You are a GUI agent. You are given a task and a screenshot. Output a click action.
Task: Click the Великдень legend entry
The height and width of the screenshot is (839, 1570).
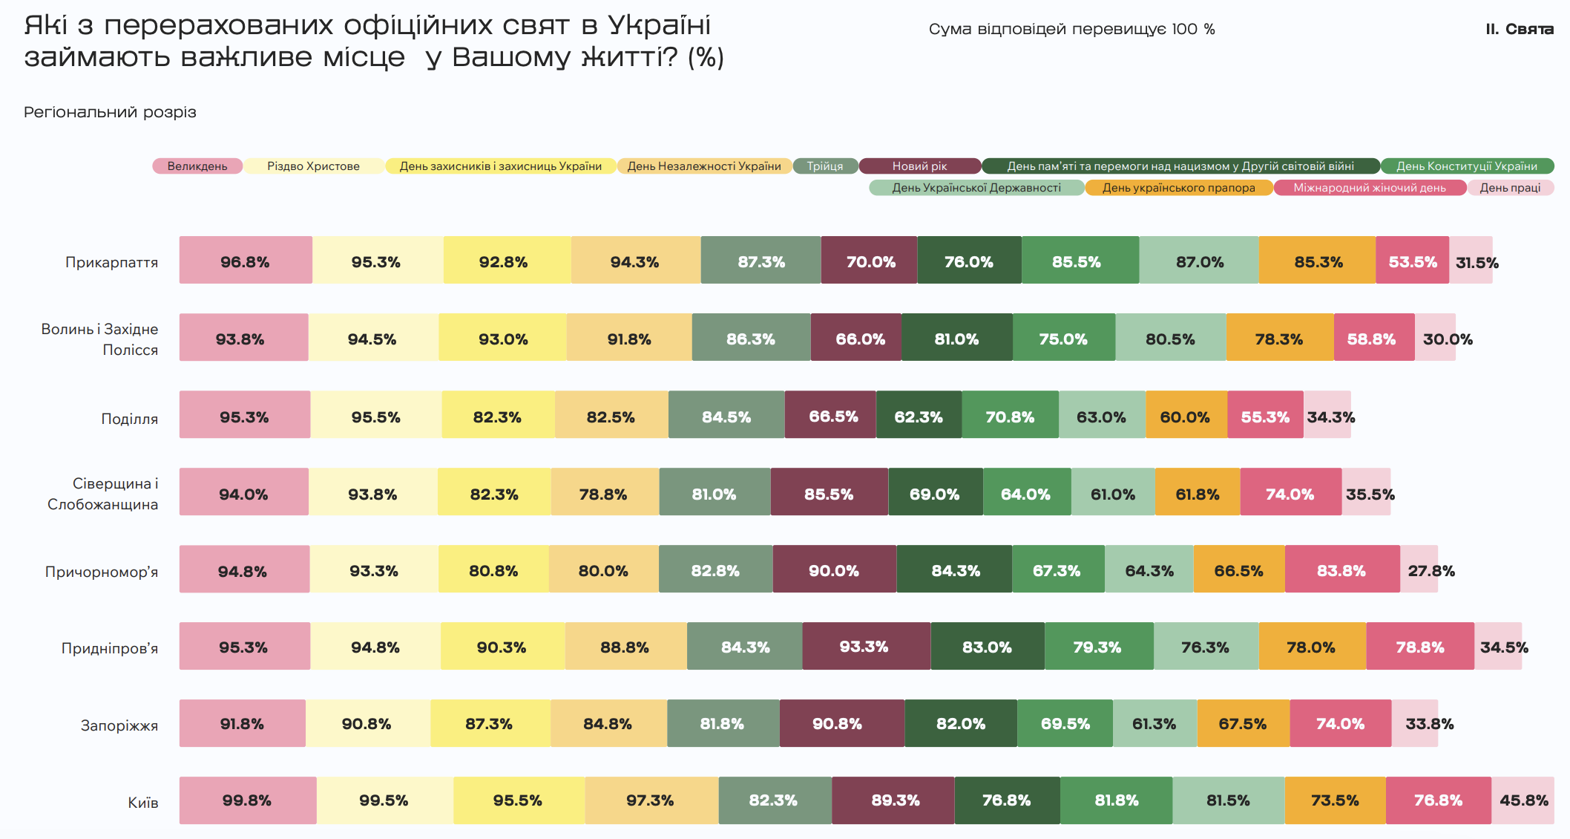pos(197,166)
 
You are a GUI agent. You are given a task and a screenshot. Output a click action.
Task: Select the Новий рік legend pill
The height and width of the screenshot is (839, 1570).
pos(919,166)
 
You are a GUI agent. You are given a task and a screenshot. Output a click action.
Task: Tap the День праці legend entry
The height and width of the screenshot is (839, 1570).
pos(1510,188)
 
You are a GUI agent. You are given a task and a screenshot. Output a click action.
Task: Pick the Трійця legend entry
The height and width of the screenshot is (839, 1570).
pos(825,166)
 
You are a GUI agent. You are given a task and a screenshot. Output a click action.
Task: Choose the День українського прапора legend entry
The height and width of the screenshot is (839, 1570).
pos(1178,188)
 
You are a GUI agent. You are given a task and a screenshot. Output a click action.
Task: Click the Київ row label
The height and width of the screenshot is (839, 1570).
pos(143,803)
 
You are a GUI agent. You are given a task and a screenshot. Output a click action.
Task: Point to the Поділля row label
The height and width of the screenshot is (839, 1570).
pos(130,419)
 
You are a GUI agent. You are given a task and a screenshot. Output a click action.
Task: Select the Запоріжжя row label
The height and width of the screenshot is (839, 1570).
pos(119,725)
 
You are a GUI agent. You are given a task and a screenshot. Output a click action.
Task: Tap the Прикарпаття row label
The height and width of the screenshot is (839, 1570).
pos(112,262)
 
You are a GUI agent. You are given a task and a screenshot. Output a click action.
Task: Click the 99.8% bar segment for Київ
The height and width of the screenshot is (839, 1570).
pos(247,800)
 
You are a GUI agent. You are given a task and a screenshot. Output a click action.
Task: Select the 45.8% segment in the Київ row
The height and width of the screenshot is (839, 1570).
pos(1523,800)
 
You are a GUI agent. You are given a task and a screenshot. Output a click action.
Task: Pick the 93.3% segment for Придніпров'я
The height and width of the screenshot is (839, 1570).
pos(865,647)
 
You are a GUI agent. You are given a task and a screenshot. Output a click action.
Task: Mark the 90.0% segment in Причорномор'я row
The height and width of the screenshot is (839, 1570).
pos(834,570)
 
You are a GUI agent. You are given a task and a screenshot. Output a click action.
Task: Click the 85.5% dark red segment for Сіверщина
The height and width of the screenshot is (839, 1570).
pos(829,493)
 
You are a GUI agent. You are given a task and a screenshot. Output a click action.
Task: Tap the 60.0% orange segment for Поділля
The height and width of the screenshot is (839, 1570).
pos(1186,416)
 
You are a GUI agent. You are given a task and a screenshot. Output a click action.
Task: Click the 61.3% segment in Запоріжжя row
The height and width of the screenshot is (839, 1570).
pos(1154,724)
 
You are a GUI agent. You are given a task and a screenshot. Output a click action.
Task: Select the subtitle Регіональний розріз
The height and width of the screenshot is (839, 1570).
pos(110,112)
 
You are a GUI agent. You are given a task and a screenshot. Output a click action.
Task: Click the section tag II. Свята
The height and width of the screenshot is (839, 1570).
pos(1519,29)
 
